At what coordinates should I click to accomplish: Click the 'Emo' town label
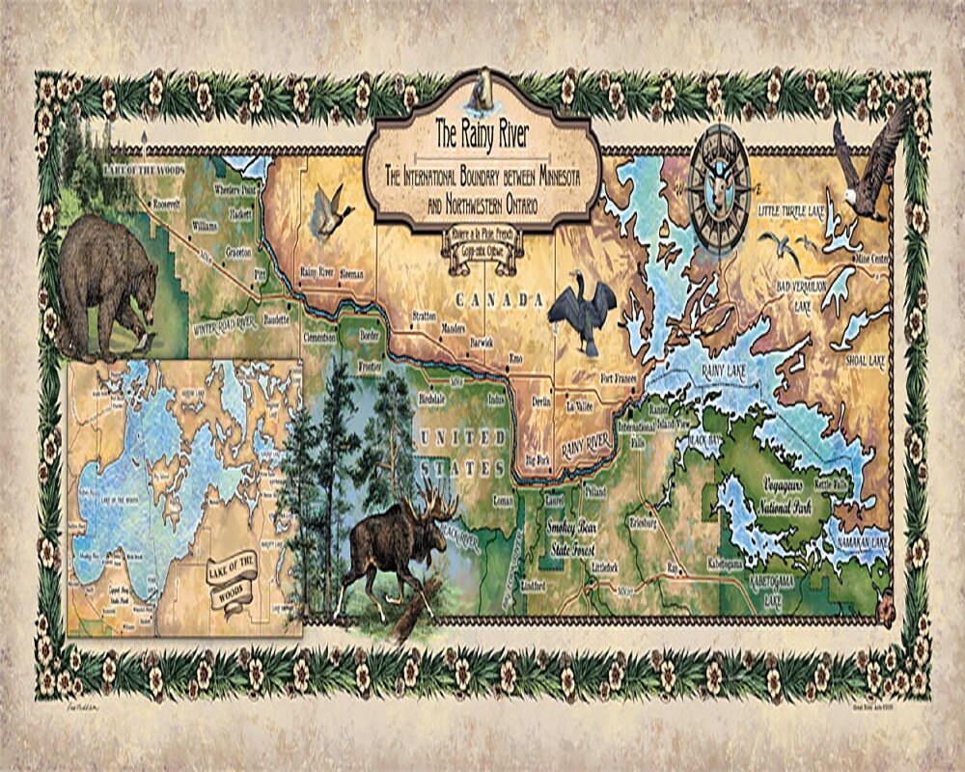tap(515, 358)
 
